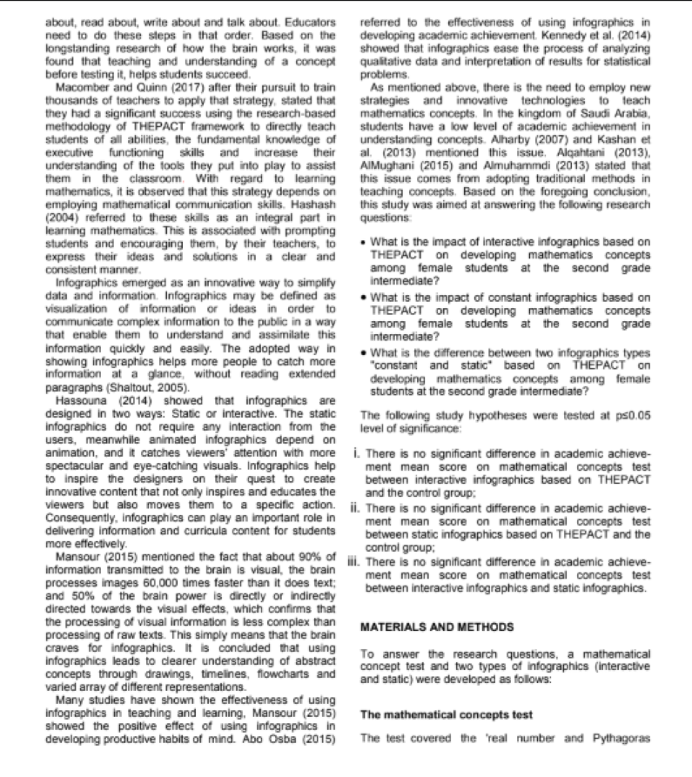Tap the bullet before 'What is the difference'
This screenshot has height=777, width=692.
click(x=363, y=356)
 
